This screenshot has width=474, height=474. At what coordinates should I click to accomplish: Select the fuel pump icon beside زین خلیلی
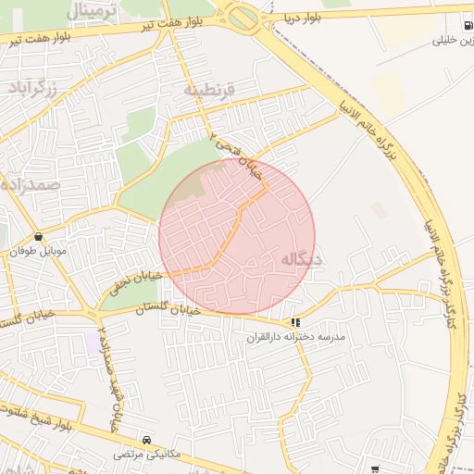click(465, 25)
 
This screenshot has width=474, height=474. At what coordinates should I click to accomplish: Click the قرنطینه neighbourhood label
click(210, 90)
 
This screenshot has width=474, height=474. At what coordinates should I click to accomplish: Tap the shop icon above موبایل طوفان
click(38, 237)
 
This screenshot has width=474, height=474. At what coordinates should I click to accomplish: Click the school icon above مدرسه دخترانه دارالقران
click(295, 322)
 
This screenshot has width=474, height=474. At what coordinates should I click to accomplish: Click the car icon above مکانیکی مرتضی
click(147, 440)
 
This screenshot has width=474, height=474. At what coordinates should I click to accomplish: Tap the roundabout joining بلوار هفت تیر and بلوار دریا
click(243, 18)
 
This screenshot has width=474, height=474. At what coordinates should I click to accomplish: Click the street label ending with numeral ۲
click(236, 154)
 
